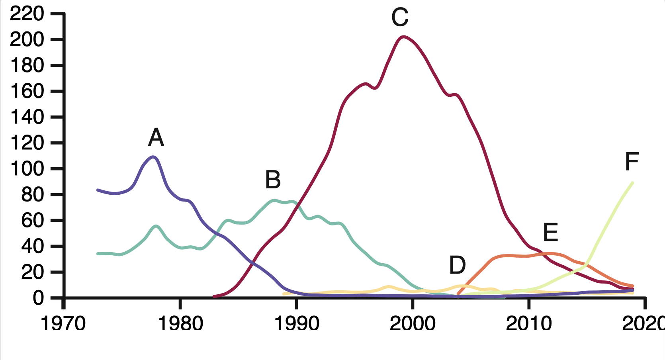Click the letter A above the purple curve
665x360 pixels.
(156, 138)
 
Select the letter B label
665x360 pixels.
(273, 180)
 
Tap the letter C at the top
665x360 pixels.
(400, 18)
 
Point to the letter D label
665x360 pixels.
(458, 265)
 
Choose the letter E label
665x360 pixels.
(551, 233)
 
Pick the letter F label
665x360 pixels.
(632, 162)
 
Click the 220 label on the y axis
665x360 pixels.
(27, 14)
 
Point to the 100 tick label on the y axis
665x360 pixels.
(27, 169)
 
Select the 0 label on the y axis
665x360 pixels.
(38, 298)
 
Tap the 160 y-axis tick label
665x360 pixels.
(27, 92)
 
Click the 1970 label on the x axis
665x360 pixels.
(63, 323)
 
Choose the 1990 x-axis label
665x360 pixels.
(297, 323)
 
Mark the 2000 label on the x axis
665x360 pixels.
(413, 323)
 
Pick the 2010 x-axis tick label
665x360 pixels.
(529, 323)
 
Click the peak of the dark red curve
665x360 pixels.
(403, 37)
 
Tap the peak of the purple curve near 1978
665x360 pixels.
(153, 157)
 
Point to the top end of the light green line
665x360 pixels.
(632, 183)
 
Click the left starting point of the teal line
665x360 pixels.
(98, 254)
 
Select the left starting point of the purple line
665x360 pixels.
(98, 190)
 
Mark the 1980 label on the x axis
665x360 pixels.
(180, 323)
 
